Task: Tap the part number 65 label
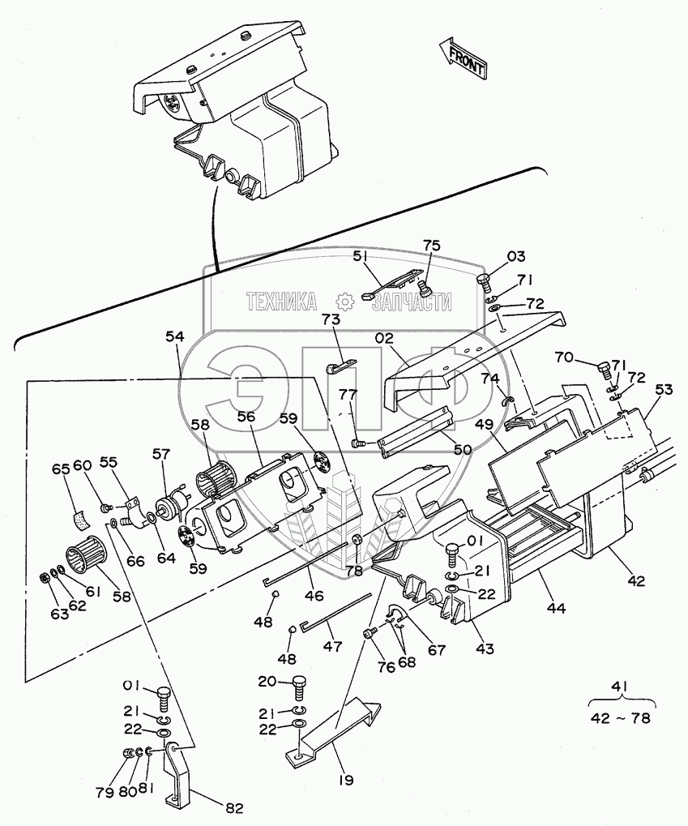(x=60, y=469)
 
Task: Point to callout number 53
(x=663, y=390)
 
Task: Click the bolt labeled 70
(x=604, y=370)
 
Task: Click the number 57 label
(x=163, y=456)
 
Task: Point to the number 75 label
(x=432, y=246)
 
